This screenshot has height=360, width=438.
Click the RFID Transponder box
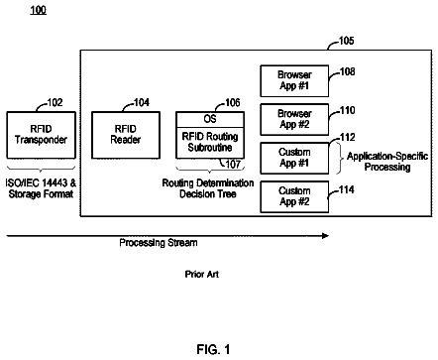[41, 135]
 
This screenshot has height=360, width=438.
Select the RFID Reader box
[126, 135]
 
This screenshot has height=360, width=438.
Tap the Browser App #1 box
[294, 80]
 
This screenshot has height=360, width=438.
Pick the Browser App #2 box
[294, 119]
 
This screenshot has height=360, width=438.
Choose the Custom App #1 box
[294, 158]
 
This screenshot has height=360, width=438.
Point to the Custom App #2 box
[294, 196]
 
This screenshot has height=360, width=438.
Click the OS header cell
[210, 119]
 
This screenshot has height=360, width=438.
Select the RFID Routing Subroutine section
[210, 143]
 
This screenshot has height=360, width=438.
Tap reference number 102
[55, 102]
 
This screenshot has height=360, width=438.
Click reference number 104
[142, 102]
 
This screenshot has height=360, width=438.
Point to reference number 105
[346, 41]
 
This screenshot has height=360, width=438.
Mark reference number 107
[233, 164]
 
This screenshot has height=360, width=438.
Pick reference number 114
[346, 189]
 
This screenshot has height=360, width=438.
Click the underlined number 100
[38, 10]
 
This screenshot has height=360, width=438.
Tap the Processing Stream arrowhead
[325, 236]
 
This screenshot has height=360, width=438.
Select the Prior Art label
[202, 274]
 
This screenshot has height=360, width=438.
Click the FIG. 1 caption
[213, 349]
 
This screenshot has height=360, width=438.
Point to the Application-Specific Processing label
[387, 162]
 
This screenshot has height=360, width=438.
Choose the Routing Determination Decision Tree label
[208, 188]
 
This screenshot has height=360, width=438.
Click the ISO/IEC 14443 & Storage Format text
[41, 188]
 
